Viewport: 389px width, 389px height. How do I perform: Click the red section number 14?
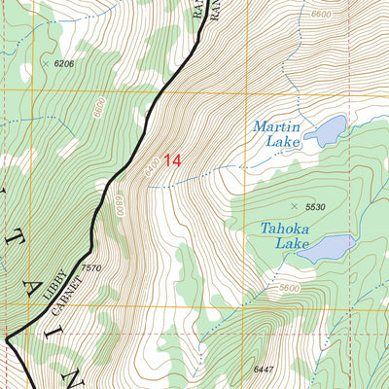pyautogui.click(x=171, y=160)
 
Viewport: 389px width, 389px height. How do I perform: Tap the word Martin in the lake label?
pyautogui.click(x=276, y=127)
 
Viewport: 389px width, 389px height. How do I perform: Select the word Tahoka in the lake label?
pyautogui.click(x=285, y=230)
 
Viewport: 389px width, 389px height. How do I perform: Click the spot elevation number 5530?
pyautogui.click(x=314, y=207)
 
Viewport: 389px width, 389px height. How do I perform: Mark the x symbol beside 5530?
pyautogui.click(x=295, y=205)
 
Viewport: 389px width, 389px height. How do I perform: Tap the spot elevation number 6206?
pyautogui.click(x=64, y=64)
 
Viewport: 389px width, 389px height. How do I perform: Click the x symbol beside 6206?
pyautogui.click(x=45, y=63)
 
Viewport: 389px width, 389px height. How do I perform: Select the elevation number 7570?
pyautogui.click(x=91, y=268)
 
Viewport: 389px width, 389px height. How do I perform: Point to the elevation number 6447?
pyautogui.click(x=265, y=370)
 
